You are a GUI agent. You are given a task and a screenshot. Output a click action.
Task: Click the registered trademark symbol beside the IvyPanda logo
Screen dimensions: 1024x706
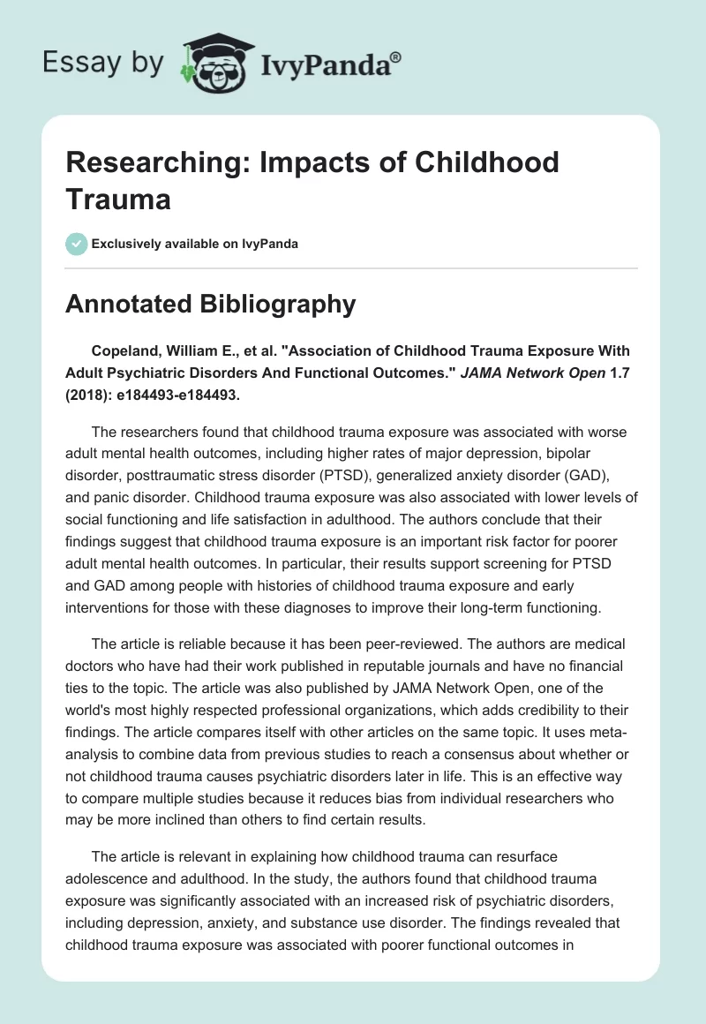point(396,56)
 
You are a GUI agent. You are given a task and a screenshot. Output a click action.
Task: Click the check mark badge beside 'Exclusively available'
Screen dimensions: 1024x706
point(77,244)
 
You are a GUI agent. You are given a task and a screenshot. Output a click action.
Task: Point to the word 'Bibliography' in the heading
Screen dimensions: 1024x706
point(281,304)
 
